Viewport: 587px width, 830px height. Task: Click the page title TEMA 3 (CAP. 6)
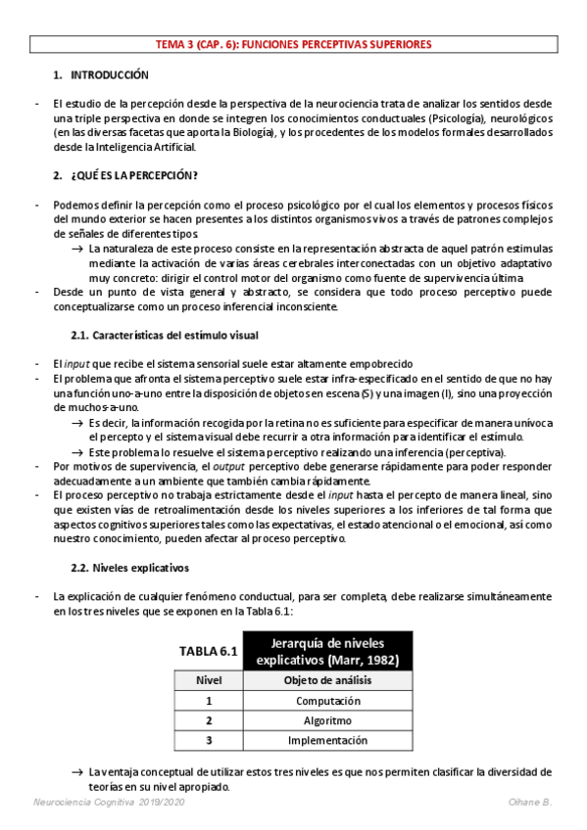coord(293,45)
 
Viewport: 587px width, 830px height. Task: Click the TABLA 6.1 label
coord(208,651)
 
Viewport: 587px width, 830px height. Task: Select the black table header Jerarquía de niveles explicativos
coord(326,651)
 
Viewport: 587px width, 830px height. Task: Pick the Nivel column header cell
coord(209,680)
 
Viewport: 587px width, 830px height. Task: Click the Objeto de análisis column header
coord(327,680)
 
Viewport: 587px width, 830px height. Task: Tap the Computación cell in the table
coord(327,700)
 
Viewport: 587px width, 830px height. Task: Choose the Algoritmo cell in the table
coord(327,720)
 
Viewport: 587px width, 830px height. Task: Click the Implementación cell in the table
coord(327,740)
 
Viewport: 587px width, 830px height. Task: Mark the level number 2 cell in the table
coord(209,720)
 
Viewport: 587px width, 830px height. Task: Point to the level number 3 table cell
coord(209,740)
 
